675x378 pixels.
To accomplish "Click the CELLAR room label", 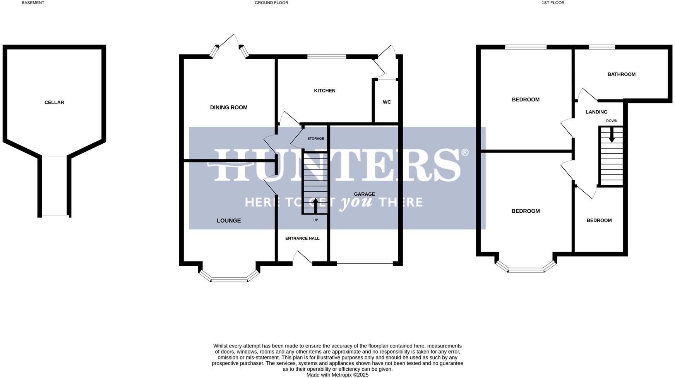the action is (x=54, y=103).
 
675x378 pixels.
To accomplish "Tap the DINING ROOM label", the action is (x=228, y=108).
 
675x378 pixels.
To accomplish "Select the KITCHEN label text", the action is (x=324, y=91).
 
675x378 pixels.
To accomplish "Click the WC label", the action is (x=387, y=102).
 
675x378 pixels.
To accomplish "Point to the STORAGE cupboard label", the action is (x=315, y=139).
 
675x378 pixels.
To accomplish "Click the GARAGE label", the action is (x=364, y=194).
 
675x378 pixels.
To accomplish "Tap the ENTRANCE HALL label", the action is (x=302, y=239).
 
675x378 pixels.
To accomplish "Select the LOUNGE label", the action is (x=228, y=221).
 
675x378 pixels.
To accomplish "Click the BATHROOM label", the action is (x=621, y=74).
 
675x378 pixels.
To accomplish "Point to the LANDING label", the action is (x=596, y=112).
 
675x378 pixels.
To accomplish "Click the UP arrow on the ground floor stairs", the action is (x=315, y=206).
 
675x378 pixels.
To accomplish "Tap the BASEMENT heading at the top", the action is (x=33, y=3).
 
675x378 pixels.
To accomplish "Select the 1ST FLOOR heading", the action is (x=553, y=3).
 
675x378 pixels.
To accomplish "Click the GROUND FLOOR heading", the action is (x=271, y=3).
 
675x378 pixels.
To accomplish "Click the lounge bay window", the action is (x=229, y=279).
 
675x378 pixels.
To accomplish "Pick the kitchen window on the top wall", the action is (x=326, y=57).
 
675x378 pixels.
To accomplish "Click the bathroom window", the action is (x=602, y=47).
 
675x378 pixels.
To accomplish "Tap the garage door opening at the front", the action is (x=365, y=264).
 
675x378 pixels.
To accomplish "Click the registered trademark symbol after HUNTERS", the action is (x=465, y=152).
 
